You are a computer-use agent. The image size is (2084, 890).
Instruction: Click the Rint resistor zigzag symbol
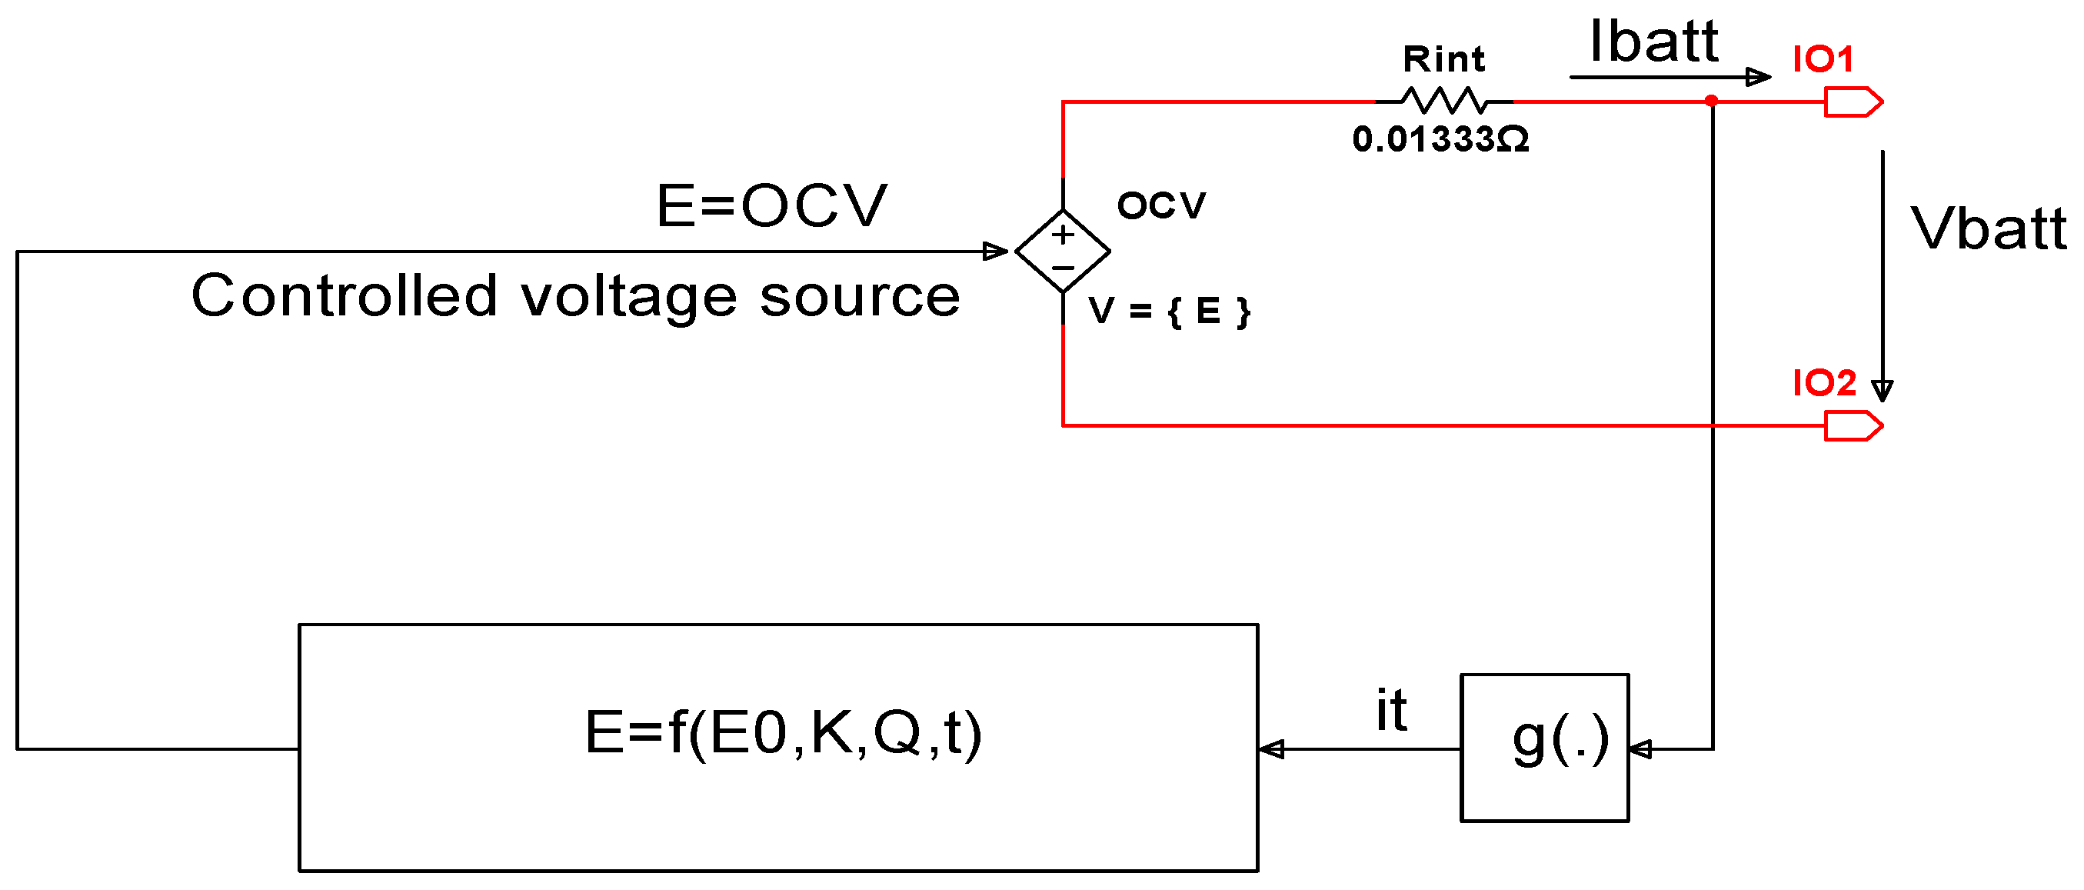click(x=1444, y=101)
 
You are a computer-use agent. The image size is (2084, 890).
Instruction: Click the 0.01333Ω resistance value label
click(x=1441, y=139)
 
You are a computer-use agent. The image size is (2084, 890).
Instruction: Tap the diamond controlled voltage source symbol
click(x=1062, y=251)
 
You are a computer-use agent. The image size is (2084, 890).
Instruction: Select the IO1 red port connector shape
click(x=1853, y=102)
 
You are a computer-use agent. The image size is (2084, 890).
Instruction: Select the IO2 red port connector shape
click(x=1853, y=425)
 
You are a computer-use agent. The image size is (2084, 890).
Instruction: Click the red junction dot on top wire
click(x=1711, y=101)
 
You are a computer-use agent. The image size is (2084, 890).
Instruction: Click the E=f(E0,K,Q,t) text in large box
click(x=782, y=732)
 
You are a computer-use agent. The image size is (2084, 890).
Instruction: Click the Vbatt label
click(x=1988, y=228)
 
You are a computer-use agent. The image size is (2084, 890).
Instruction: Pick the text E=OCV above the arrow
click(x=771, y=205)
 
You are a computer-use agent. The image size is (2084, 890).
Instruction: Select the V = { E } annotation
click(x=1168, y=311)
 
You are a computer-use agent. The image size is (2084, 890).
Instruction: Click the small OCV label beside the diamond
click(x=1161, y=205)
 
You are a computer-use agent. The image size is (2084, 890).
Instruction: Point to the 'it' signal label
click(x=1391, y=709)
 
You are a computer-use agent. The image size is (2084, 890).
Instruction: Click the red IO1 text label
click(x=1823, y=59)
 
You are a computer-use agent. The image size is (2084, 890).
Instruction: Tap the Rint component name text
click(x=1444, y=59)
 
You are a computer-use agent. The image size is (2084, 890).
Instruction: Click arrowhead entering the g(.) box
click(x=1640, y=749)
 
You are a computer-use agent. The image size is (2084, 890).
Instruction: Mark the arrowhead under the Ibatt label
click(x=1758, y=77)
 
